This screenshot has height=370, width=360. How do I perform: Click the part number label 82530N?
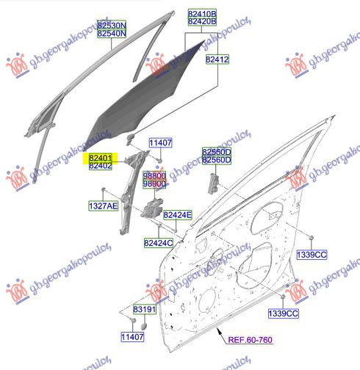[x=112, y=25]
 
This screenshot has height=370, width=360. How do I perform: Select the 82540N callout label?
[x=112, y=33]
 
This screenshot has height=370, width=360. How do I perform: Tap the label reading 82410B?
[x=202, y=13]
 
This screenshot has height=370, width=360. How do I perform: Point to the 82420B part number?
[x=202, y=21]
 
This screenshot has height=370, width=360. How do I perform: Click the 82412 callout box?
[x=217, y=59]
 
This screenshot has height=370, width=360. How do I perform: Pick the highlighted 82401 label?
[x=101, y=157]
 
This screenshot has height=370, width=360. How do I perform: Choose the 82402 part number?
[x=101, y=166]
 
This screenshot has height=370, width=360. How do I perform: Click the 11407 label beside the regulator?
[x=160, y=142]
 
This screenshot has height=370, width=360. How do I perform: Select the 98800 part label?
[x=154, y=175]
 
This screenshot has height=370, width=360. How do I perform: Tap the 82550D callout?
[x=217, y=152]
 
